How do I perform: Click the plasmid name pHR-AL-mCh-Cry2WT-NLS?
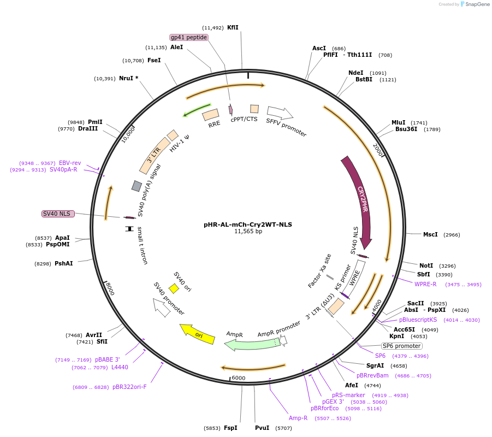pyautogui.click(x=248, y=224)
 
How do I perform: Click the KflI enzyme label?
pyautogui.click(x=233, y=27)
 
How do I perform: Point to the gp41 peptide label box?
pyautogui.click(x=189, y=37)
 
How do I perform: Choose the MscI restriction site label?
pyautogui.click(x=430, y=234)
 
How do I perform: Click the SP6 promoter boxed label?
pyautogui.click(x=401, y=346)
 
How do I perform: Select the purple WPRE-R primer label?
pyautogui.click(x=425, y=284)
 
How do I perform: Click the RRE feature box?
pyautogui.click(x=210, y=115)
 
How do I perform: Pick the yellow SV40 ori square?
pyautogui.click(x=174, y=288)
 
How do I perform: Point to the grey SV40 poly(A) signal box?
pyautogui.click(x=137, y=186)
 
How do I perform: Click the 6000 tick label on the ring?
pyautogui.click(x=239, y=378)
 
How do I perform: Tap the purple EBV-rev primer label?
pyautogui.click(x=70, y=163)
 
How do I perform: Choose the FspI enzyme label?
pyautogui.click(x=230, y=428)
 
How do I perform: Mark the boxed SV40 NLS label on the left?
pyautogui.click(x=58, y=214)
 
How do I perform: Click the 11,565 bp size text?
pyautogui.click(x=248, y=231)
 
